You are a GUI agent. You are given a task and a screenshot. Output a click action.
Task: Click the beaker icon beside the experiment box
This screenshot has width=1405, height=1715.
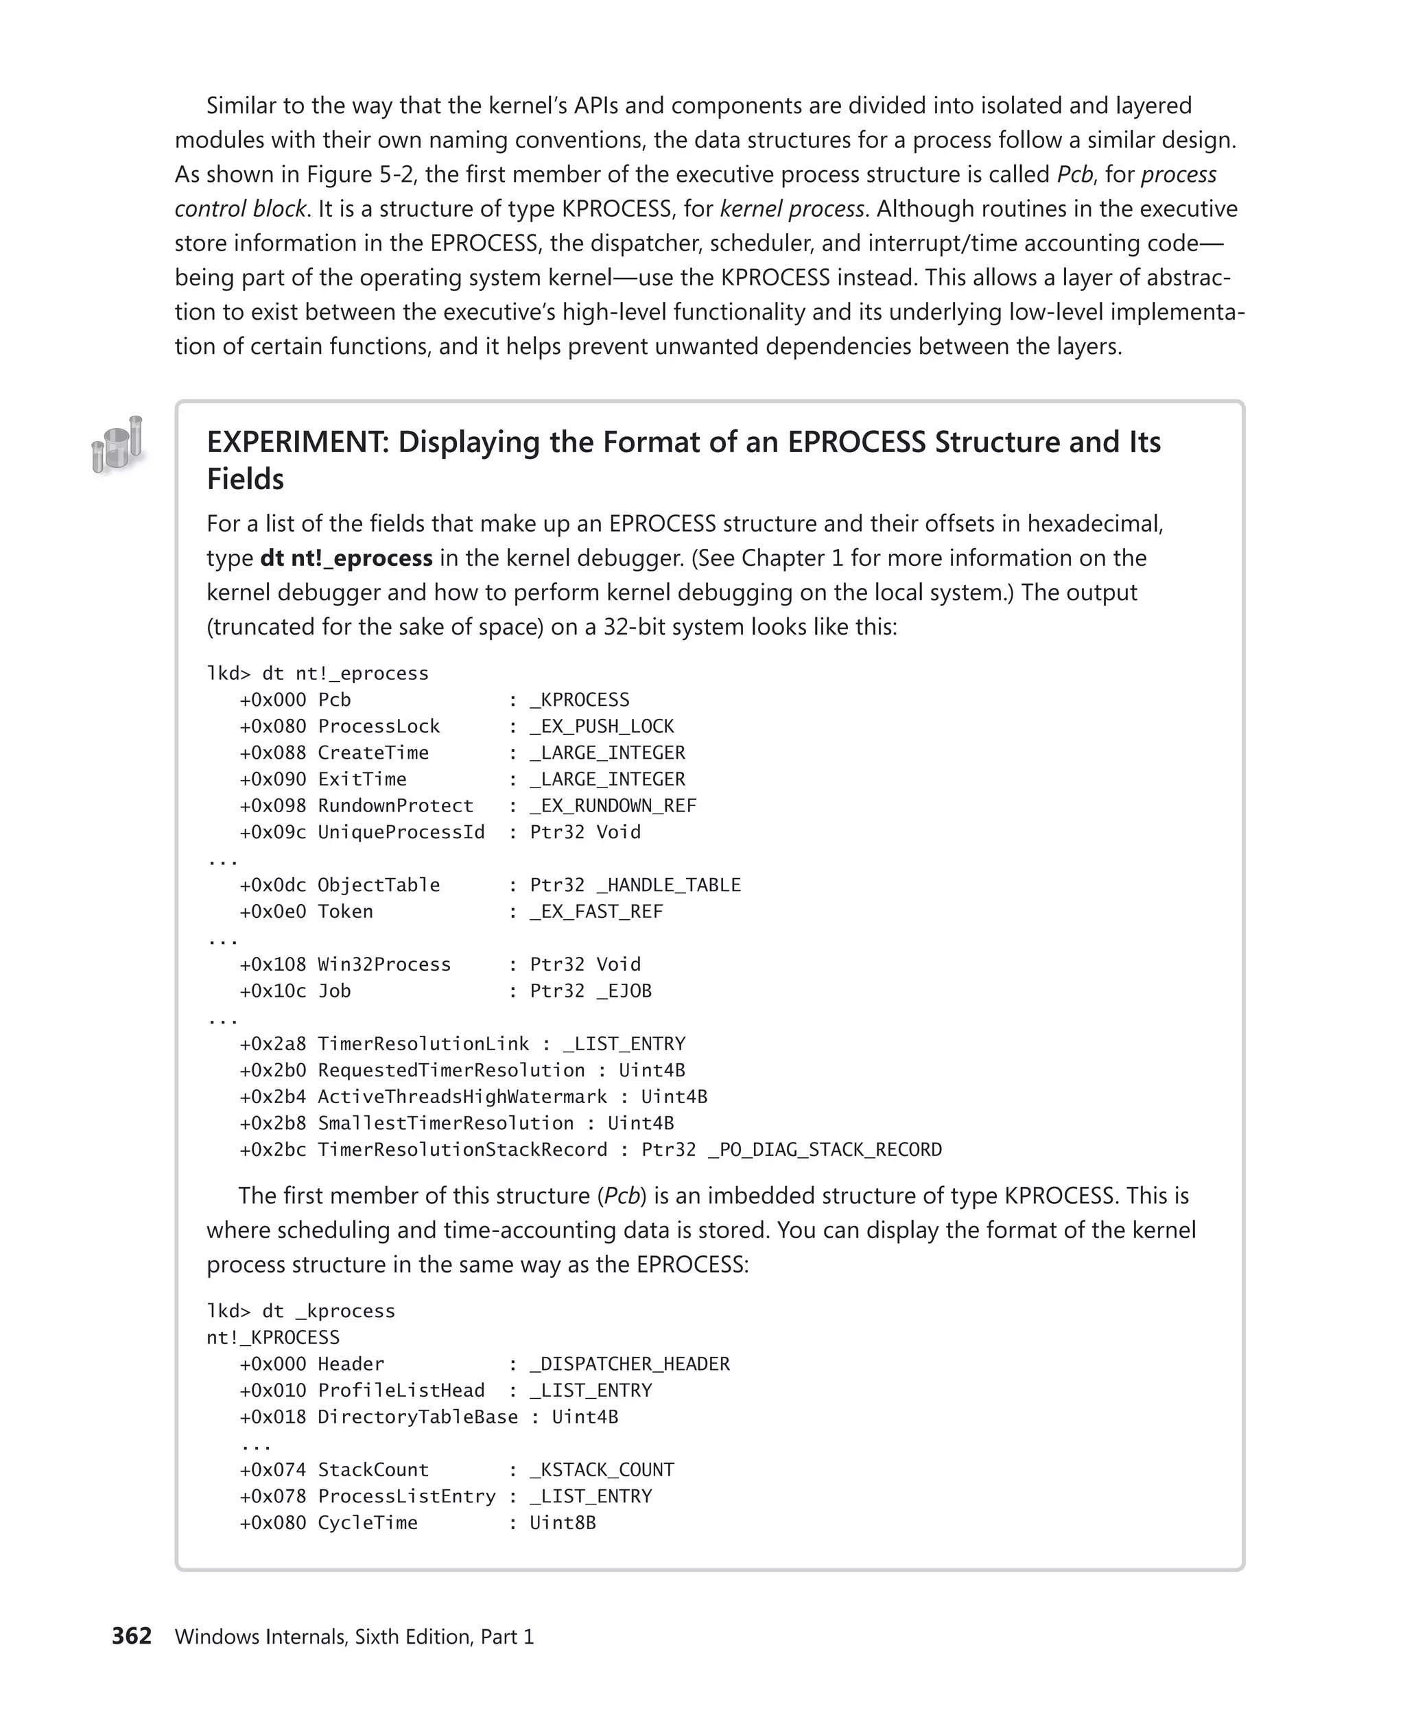pos(118,445)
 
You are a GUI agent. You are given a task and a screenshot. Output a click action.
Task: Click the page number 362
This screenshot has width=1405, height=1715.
pos(132,1635)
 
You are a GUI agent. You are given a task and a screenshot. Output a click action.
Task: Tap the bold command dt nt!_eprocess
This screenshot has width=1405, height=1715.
pos(346,558)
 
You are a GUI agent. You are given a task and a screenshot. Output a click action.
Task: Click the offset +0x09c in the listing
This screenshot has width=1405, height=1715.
pos(273,832)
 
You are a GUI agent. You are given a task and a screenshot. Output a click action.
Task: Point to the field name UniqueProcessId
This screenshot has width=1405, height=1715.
pos(401,832)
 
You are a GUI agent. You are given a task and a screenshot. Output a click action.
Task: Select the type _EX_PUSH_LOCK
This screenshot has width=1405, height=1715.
pos(602,726)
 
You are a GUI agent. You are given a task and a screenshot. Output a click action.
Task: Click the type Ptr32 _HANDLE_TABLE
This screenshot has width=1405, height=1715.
pos(635,885)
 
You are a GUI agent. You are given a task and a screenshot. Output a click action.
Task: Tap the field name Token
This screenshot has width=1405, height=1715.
pos(346,911)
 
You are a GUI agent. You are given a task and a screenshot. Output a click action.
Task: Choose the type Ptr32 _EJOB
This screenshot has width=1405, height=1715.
pos(591,991)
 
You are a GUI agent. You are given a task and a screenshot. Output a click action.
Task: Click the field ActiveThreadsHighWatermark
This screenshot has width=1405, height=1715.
pos(462,1097)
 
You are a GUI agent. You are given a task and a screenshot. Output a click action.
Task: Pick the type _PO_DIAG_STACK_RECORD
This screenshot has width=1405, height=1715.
pos(825,1149)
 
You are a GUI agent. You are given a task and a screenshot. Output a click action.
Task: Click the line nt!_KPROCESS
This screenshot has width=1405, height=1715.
pos(273,1337)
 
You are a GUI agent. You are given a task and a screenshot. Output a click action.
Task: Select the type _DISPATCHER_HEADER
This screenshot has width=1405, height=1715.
pos(630,1364)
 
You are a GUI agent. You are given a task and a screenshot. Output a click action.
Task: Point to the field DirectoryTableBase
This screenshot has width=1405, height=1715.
pos(418,1417)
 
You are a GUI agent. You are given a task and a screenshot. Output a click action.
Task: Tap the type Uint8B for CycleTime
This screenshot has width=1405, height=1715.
pos(563,1522)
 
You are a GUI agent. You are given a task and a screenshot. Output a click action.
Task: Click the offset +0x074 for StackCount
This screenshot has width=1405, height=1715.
pos(273,1470)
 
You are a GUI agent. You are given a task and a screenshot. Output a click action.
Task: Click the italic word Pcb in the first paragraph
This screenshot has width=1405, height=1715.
pos(1075,174)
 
